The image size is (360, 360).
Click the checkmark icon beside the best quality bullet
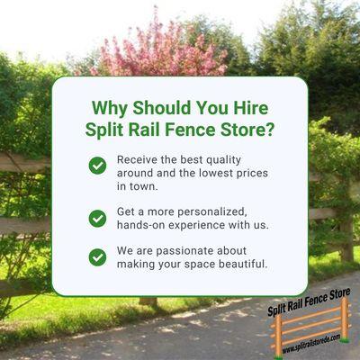[97, 165]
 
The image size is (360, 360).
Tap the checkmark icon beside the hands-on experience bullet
[97, 217]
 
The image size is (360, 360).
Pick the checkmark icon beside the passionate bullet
[97, 256]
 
